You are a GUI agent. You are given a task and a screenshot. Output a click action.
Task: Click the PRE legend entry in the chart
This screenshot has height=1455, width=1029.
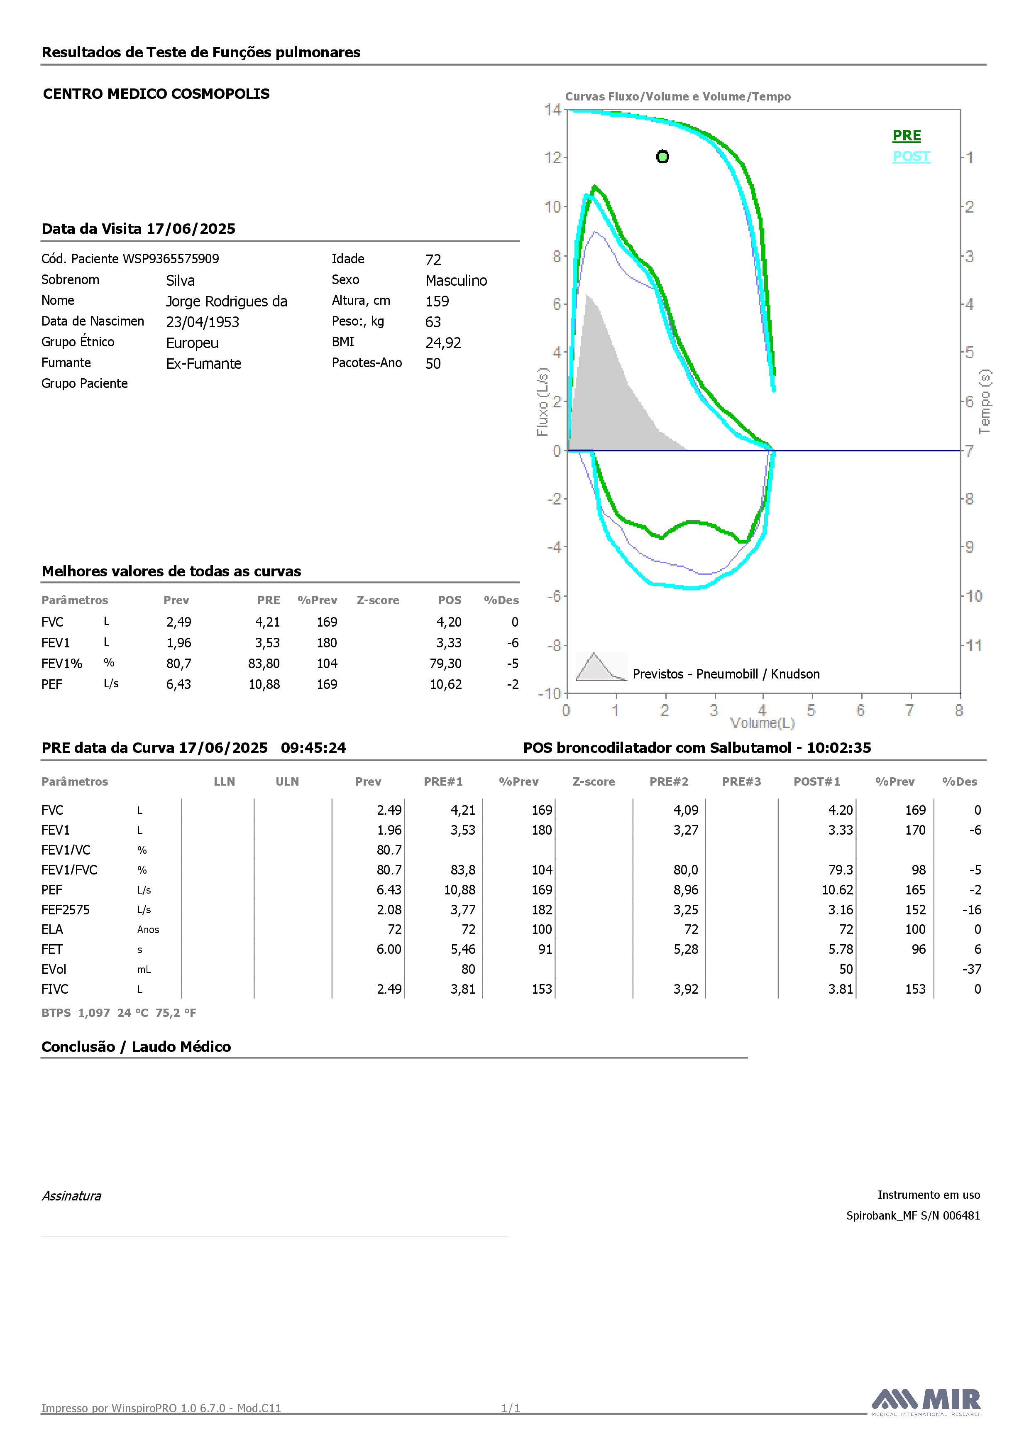(x=907, y=136)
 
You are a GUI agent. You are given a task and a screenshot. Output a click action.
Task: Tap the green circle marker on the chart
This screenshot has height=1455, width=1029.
(x=662, y=157)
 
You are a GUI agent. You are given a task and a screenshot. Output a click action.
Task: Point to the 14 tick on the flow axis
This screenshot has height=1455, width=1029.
(x=552, y=110)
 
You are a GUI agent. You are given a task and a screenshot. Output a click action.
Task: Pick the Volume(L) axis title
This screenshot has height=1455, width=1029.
(x=762, y=723)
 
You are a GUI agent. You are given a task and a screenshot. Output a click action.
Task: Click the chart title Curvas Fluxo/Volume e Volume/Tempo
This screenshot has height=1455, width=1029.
(x=678, y=96)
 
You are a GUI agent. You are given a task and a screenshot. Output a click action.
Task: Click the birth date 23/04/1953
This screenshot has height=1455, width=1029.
(x=203, y=322)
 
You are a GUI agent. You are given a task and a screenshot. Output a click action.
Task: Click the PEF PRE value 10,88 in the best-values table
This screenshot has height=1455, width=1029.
(x=264, y=684)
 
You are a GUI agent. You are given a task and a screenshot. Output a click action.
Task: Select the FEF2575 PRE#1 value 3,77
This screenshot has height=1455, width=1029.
(x=463, y=910)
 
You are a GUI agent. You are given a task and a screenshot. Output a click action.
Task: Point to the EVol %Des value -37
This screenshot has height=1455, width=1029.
(x=972, y=970)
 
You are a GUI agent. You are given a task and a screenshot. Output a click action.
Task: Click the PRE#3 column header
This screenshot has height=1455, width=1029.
(x=741, y=782)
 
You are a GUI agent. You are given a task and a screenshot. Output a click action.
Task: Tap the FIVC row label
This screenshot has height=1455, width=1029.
(x=55, y=989)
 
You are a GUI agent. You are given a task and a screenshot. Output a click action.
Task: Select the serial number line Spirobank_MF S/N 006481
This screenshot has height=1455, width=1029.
(x=913, y=1215)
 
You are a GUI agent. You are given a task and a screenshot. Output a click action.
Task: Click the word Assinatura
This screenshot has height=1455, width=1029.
(x=71, y=1196)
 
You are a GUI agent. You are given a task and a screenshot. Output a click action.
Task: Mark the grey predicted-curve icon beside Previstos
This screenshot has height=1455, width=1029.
(x=601, y=666)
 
